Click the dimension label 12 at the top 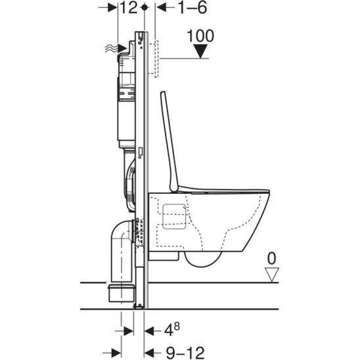click(129, 8)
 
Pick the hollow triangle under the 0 click(269, 274)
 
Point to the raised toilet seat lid click(169, 138)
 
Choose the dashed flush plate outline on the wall click(155, 58)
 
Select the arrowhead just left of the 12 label click(114, 8)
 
